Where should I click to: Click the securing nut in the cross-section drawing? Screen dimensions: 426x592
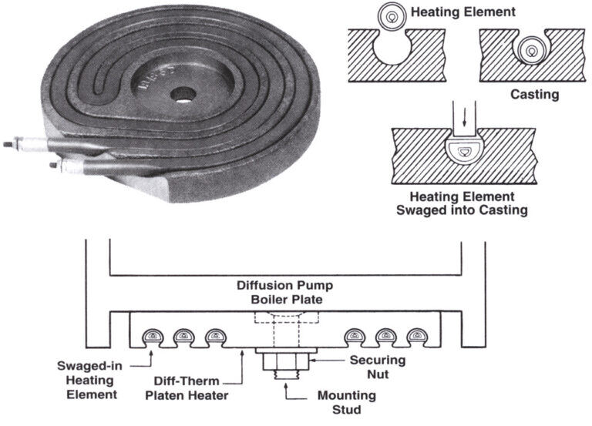click(x=286, y=361)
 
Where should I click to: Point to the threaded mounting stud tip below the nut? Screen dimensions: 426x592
click(x=286, y=374)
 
